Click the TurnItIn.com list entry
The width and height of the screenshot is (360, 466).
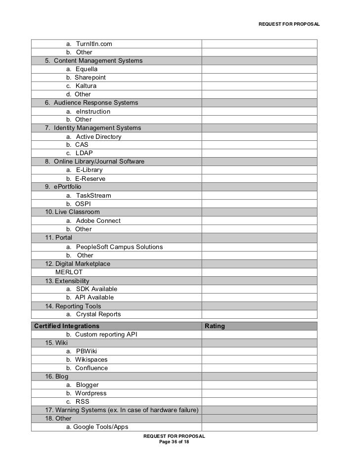93,44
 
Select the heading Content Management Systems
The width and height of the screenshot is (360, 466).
97,61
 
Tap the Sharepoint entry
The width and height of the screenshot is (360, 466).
90,78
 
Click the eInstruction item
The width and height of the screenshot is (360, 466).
93,112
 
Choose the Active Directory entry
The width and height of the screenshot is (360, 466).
98,137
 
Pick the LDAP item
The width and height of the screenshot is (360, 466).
84,153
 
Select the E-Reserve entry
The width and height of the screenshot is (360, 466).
90,179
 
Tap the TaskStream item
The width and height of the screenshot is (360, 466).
93,196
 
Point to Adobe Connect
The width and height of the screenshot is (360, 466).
98,221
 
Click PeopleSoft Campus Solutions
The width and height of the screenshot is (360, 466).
119,247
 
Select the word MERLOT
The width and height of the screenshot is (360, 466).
69,272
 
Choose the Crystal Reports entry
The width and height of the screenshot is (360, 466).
98,314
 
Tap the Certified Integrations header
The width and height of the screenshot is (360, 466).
67,326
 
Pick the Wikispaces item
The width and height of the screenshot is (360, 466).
91,360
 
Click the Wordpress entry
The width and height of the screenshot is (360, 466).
90,393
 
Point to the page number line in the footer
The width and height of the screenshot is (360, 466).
174,442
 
